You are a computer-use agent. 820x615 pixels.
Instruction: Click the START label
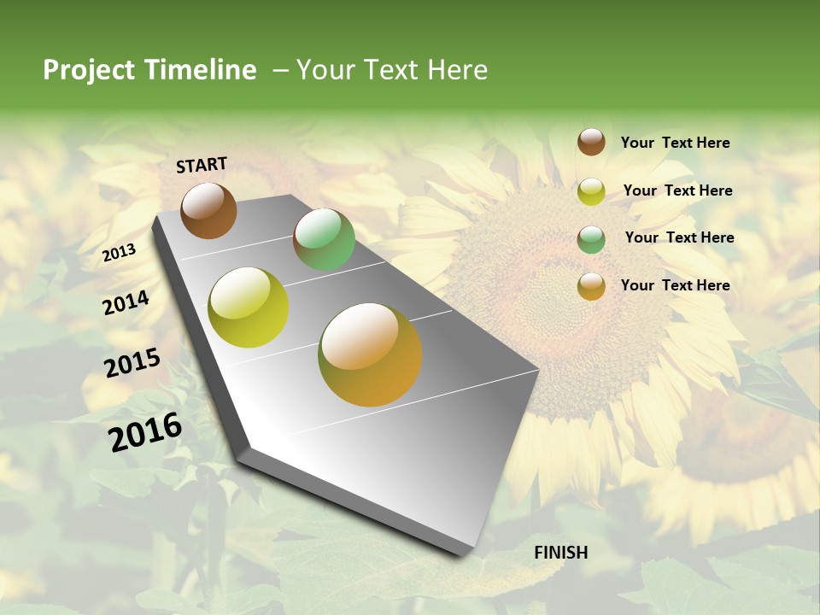coord(202,165)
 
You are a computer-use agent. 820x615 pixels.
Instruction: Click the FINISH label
coord(561,553)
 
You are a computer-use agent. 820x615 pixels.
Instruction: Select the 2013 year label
coord(120,253)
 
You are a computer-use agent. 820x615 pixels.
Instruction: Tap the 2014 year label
coord(126,302)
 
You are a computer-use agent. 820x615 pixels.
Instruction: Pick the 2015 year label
coord(132,363)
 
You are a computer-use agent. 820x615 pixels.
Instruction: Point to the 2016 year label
coord(145,431)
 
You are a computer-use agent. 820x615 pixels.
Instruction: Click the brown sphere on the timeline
coord(208,210)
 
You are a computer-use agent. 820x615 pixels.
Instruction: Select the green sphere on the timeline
coord(324,239)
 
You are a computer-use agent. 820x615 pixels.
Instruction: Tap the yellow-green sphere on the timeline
coord(249,307)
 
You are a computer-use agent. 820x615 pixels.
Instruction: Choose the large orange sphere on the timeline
coord(370,354)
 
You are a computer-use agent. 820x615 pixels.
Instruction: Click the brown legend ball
coord(591,142)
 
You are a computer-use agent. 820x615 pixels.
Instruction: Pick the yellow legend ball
coord(591,191)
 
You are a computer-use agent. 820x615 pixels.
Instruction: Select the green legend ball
coord(591,239)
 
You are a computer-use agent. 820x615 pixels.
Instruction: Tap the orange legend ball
coord(591,286)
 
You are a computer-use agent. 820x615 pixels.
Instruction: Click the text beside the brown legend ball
coord(675,143)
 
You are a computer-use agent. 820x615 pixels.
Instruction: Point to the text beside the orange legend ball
coord(675,285)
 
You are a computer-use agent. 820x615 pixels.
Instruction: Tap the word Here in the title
coord(457,70)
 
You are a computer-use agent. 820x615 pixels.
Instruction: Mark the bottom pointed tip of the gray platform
coord(462,555)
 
